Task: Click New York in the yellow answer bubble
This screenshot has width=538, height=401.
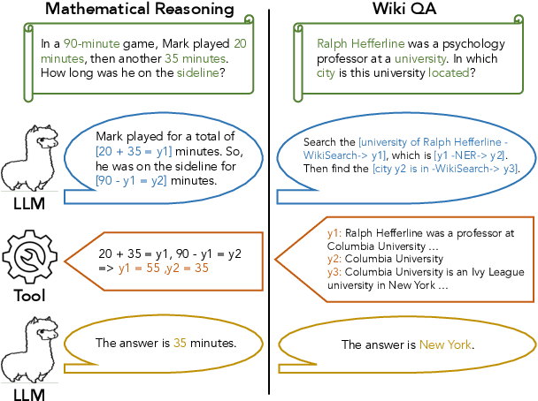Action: point(445,344)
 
